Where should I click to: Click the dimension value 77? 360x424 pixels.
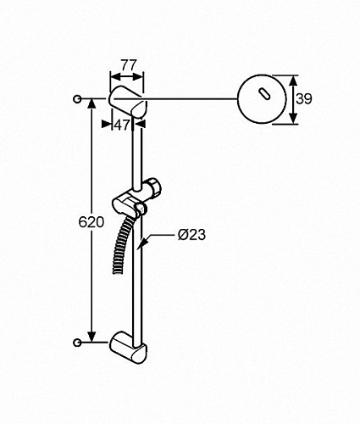point(129,65)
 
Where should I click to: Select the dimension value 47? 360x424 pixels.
point(122,125)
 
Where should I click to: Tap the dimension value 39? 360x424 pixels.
point(304,99)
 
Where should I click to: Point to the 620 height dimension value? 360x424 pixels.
point(91,222)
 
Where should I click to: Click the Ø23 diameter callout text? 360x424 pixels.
point(191,235)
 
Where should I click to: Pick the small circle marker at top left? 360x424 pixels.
point(77,99)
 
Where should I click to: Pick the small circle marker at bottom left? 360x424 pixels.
point(77,343)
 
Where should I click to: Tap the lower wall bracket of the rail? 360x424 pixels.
point(129,348)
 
